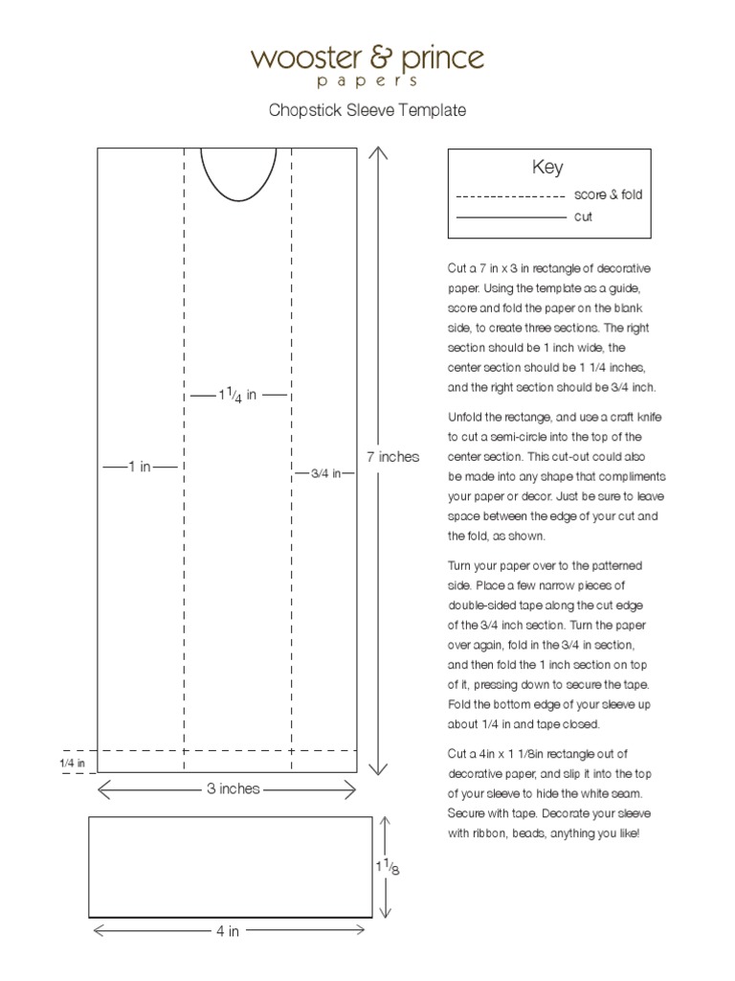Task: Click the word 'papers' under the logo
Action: click(x=367, y=82)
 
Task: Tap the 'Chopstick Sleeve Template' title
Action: click(x=367, y=111)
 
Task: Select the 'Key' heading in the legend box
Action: click(x=547, y=168)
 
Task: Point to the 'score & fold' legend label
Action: click(x=608, y=194)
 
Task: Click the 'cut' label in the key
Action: click(x=583, y=217)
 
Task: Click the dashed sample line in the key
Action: click(x=510, y=195)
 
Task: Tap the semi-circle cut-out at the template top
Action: click(x=237, y=172)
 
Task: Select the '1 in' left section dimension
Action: click(x=141, y=467)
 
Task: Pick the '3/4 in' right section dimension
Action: click(x=325, y=473)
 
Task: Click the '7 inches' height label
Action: click(x=392, y=457)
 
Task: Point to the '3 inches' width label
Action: click(x=234, y=789)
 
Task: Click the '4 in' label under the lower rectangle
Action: click(x=228, y=931)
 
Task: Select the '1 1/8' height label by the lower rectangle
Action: click(x=388, y=867)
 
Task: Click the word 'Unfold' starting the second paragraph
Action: click(x=466, y=417)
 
